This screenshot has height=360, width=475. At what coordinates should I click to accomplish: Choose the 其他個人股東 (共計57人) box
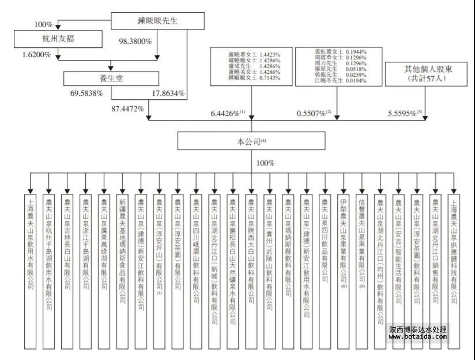tap(427, 73)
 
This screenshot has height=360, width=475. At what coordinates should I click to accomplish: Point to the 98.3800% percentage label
tap(135, 42)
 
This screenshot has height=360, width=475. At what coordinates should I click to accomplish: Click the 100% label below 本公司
tap(265, 164)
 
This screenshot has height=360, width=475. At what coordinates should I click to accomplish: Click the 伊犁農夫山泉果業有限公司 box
tap(344, 271)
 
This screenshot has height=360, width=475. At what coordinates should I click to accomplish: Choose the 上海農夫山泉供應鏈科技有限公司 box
tap(454, 271)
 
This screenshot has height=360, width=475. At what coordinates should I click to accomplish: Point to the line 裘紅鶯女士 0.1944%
tap(330, 52)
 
